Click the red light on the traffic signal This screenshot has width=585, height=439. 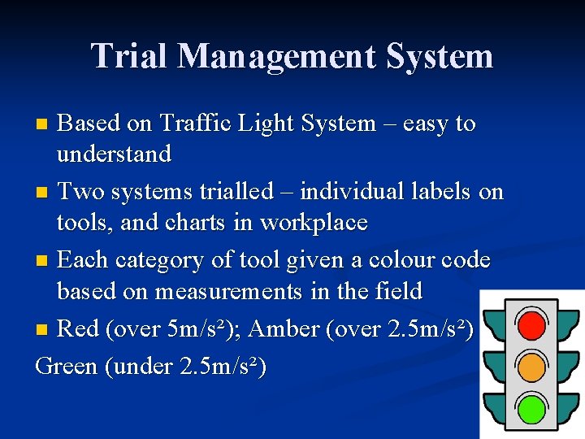pos(531,325)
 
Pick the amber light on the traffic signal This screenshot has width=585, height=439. pos(531,367)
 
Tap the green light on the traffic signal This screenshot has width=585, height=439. pos(531,407)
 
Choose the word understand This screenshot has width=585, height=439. pos(114,154)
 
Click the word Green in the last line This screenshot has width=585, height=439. pos(67,366)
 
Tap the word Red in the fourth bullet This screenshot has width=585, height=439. pos(79,328)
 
